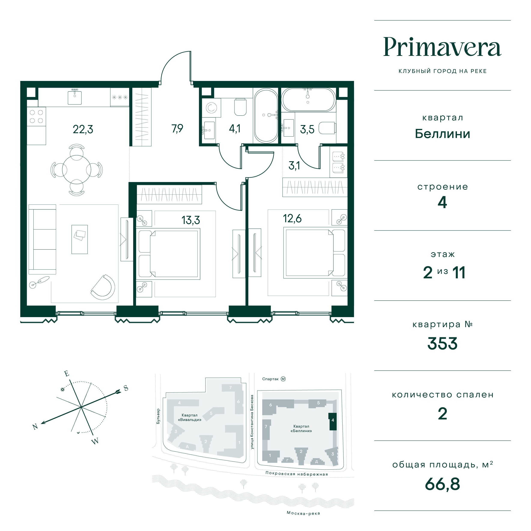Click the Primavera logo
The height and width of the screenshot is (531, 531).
click(x=442, y=47)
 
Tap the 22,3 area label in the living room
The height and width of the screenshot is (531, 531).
click(x=83, y=129)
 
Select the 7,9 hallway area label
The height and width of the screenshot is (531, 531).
click(x=177, y=128)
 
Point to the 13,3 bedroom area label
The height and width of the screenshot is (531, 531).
click(x=191, y=220)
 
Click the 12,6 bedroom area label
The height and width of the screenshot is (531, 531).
click(x=292, y=218)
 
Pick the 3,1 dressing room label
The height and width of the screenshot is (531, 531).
click(x=294, y=166)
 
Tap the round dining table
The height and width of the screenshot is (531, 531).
click(x=76, y=170)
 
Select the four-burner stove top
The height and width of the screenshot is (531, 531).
click(x=36, y=116)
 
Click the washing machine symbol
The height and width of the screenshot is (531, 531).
click(x=211, y=108)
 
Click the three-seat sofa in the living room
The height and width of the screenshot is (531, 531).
click(x=42, y=239)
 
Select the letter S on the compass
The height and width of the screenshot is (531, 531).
click(x=126, y=388)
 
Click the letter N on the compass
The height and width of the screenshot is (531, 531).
click(x=35, y=427)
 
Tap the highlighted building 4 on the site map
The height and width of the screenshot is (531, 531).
click(x=333, y=421)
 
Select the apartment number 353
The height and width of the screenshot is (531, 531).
click(x=442, y=344)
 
